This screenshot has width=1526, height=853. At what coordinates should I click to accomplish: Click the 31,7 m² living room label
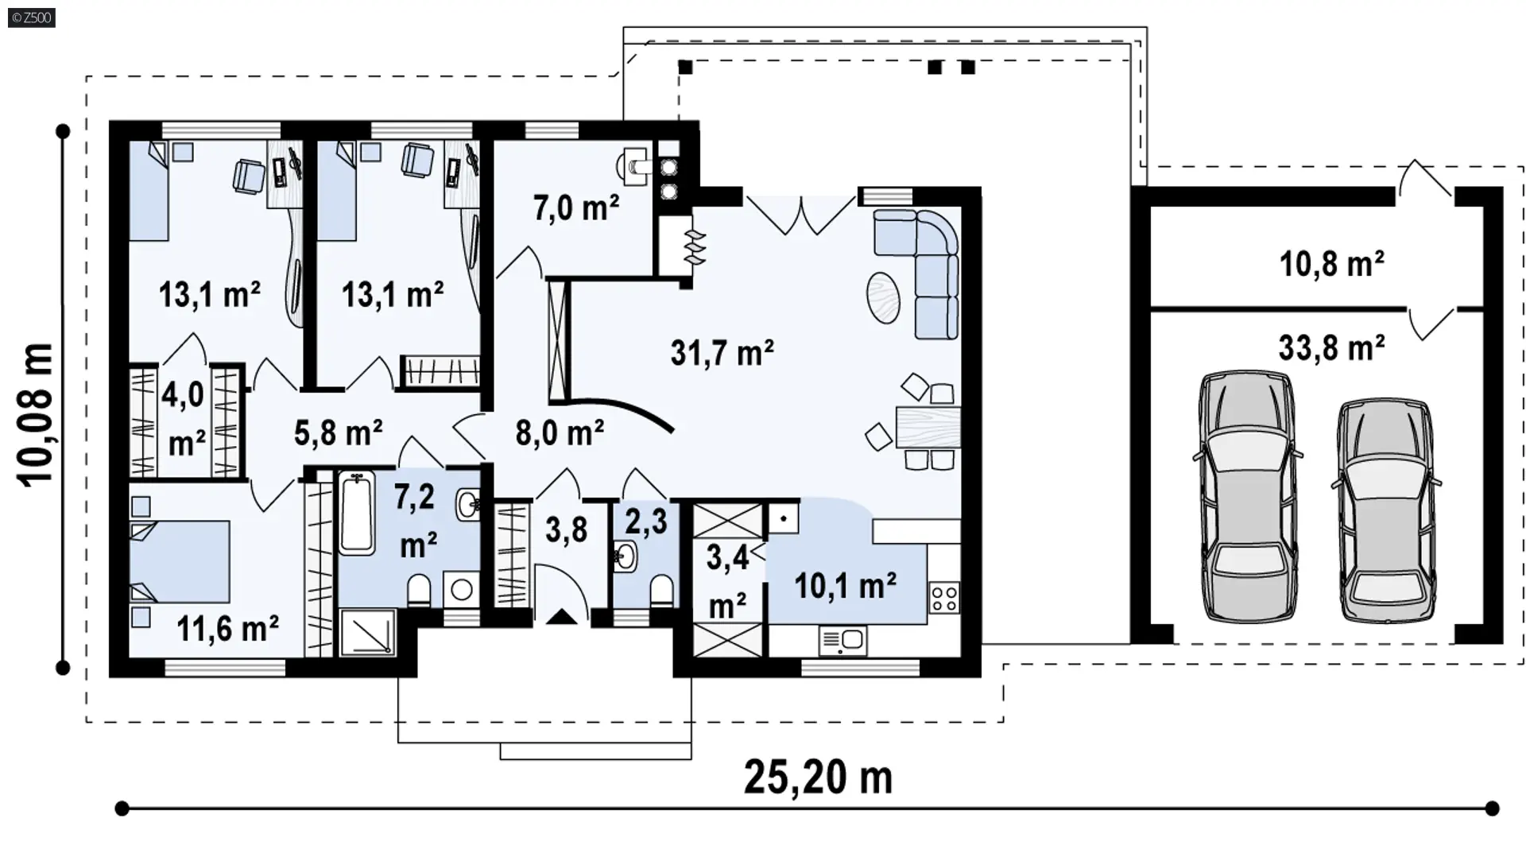coord(722,352)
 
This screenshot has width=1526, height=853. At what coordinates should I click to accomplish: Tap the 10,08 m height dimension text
coord(37,414)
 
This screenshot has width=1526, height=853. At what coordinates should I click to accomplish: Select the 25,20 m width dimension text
coord(818,777)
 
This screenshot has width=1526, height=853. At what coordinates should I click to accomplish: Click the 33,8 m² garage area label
coord(1331,347)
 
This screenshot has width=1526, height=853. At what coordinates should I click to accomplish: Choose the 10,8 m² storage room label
coord(1331,263)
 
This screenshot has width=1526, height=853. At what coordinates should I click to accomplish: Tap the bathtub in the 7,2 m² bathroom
coord(357,513)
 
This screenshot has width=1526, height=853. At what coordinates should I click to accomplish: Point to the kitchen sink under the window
coord(842,640)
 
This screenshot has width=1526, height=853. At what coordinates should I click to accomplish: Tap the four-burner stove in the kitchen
coord(943,598)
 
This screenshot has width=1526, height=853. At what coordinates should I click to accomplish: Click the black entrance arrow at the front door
coord(562,616)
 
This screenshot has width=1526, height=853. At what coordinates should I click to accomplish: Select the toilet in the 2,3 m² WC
coord(661,591)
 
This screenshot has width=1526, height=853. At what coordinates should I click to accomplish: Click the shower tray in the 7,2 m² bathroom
coord(367,633)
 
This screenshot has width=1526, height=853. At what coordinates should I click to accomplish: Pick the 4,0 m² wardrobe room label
coord(185,419)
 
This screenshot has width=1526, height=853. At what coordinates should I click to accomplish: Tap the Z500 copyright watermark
coord(32,17)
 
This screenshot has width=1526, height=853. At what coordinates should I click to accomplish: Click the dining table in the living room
coord(928,428)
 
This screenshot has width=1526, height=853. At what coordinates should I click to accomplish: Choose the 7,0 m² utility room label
coord(576,208)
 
